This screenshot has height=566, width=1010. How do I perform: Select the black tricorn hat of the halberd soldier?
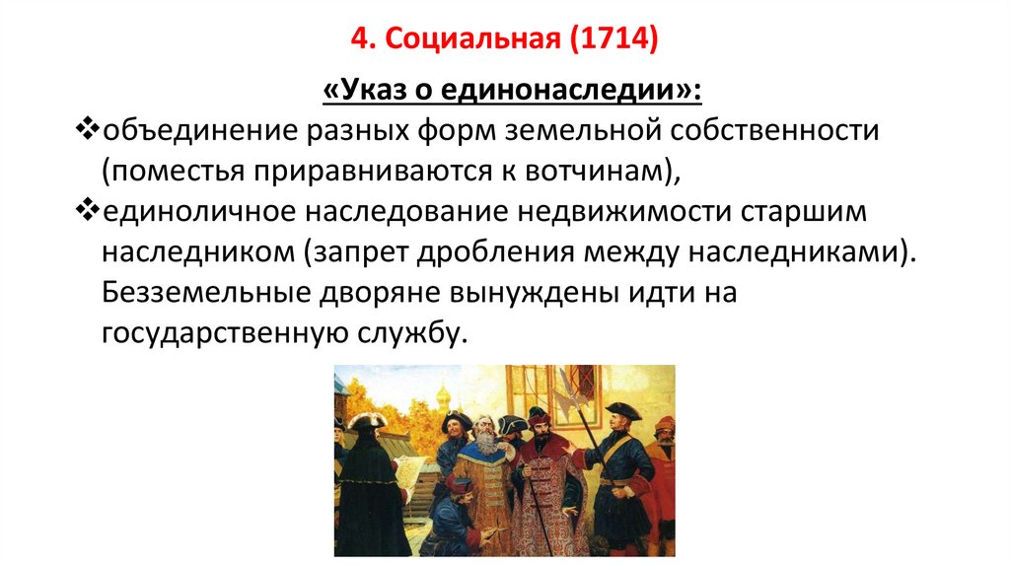pos(623,411)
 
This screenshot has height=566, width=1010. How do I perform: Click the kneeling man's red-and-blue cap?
pos(457,483)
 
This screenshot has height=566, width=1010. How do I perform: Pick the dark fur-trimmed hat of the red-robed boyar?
pos(539,417)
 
